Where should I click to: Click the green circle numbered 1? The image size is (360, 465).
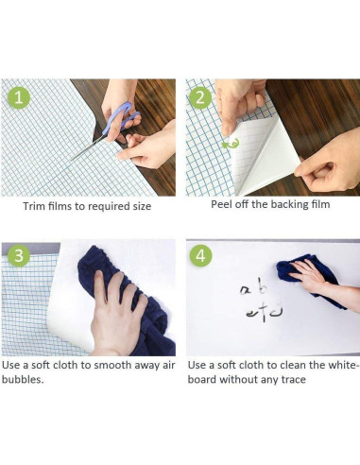[x=19, y=97]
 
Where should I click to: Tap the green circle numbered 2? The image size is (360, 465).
[x=200, y=97]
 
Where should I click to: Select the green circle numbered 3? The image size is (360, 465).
[x=19, y=255]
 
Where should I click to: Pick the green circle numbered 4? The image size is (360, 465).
[x=200, y=255]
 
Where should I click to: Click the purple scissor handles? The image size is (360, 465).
[x=122, y=118]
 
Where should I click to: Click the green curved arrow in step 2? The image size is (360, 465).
[x=231, y=144]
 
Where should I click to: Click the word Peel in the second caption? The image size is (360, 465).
[x=220, y=204]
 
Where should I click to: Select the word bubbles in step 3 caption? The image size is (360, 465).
[x=23, y=379]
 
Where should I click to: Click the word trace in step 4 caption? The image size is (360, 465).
[x=294, y=379]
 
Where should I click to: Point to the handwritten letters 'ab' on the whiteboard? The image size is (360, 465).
[x=254, y=288]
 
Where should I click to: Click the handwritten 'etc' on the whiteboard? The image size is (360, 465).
[x=264, y=312]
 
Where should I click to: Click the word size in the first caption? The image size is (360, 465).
[x=142, y=206]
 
